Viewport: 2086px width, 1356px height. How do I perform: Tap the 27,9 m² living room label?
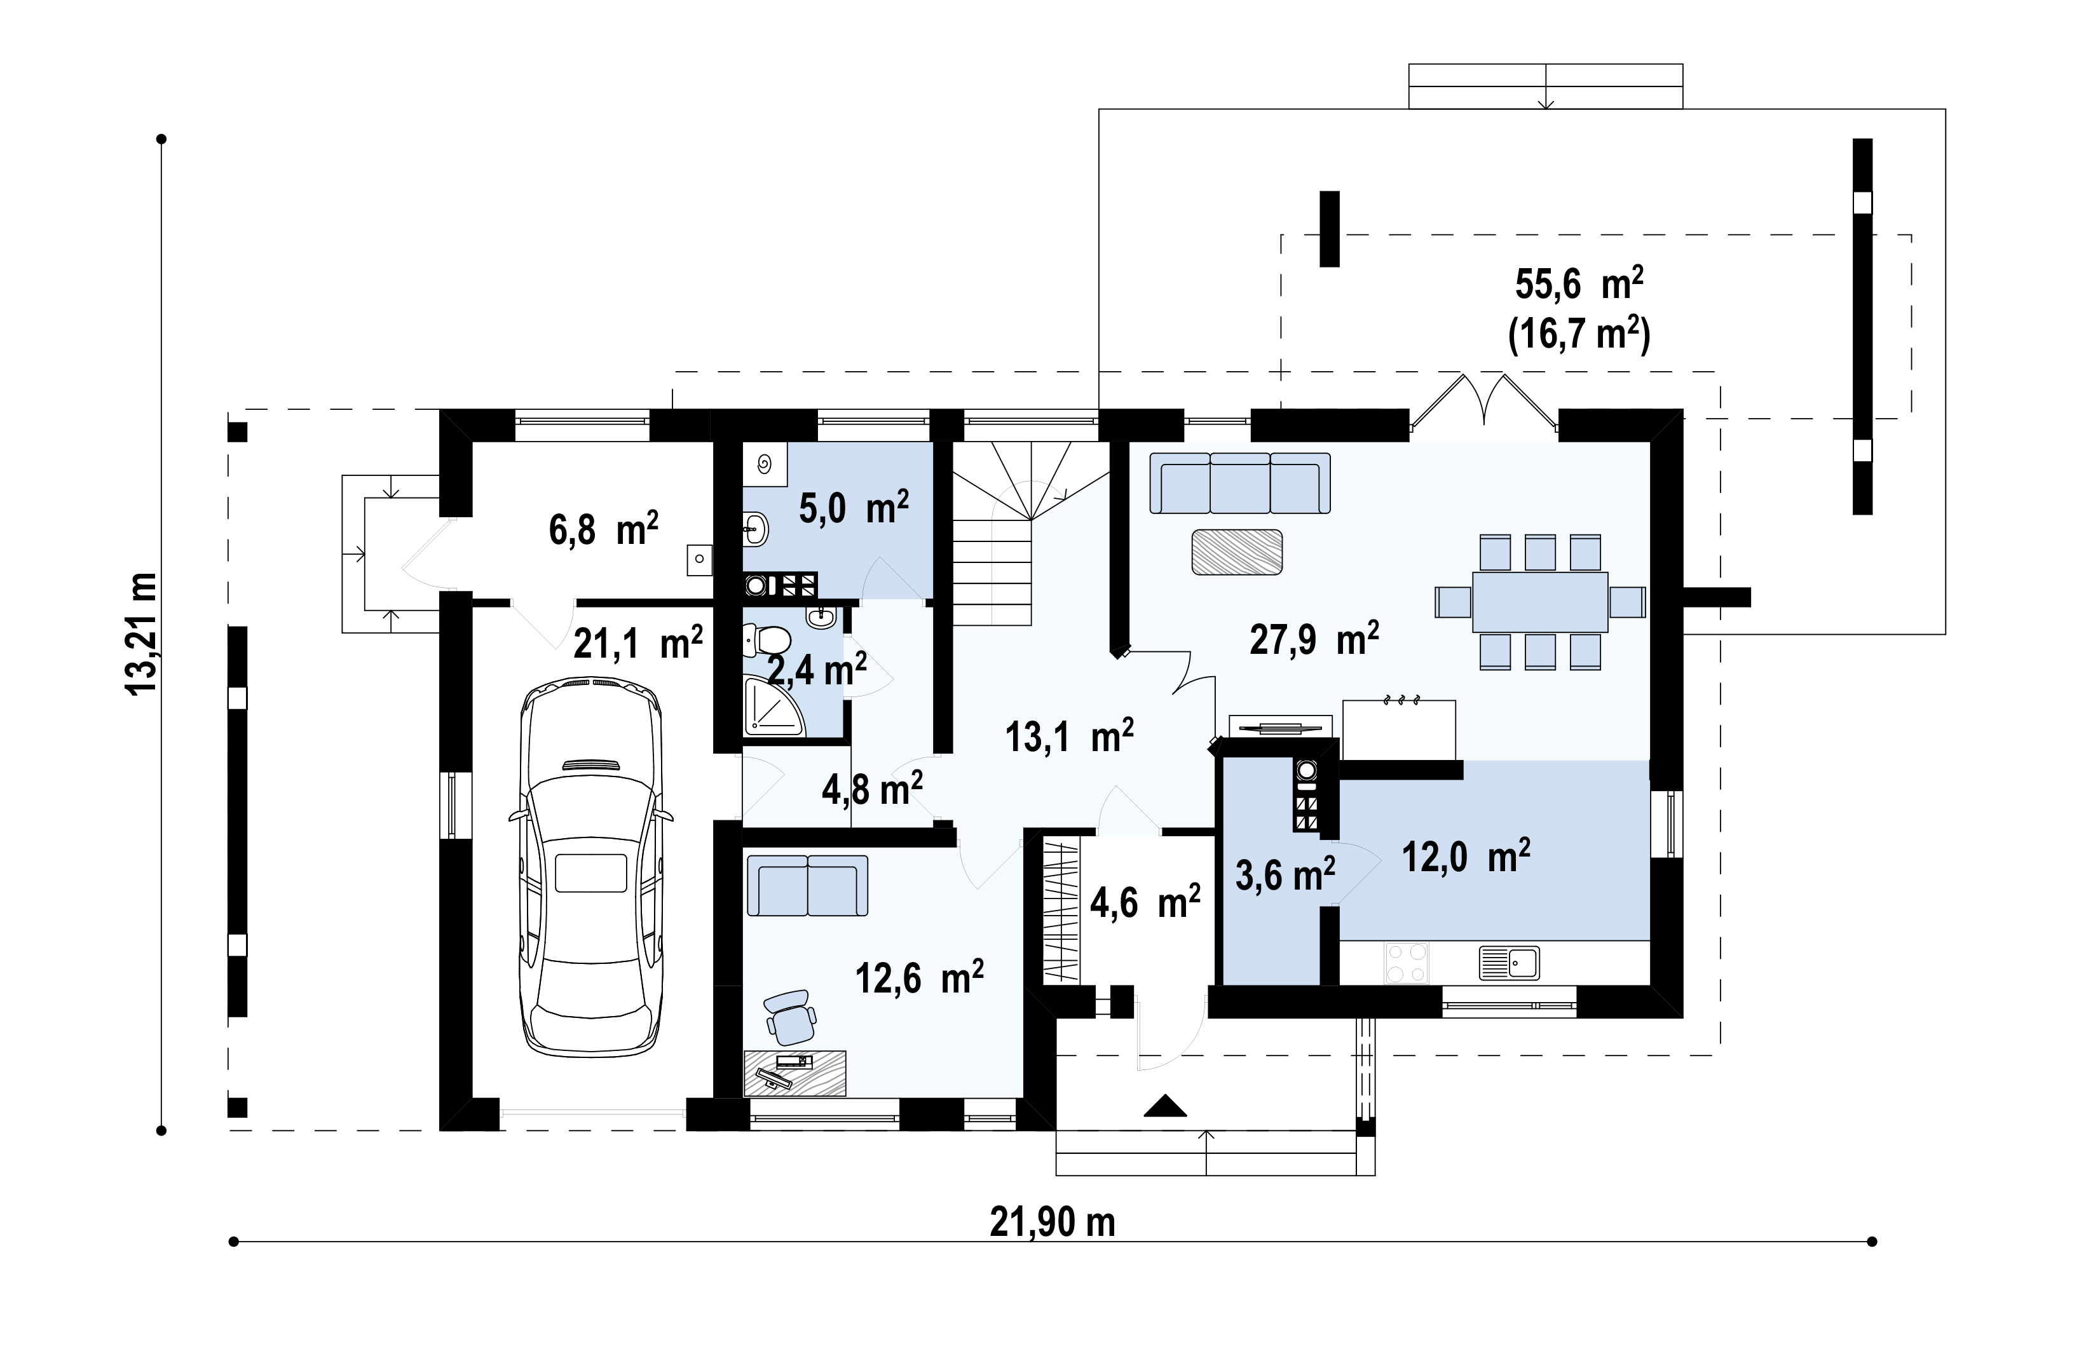pyautogui.click(x=1314, y=639)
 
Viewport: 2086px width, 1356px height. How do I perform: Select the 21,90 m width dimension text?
pyautogui.click(x=1052, y=1221)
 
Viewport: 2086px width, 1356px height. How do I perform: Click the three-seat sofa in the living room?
pyautogui.click(x=1240, y=483)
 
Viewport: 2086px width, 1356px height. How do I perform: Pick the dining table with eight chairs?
pyautogui.click(x=1540, y=602)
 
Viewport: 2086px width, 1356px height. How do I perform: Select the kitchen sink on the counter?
pyautogui.click(x=1510, y=962)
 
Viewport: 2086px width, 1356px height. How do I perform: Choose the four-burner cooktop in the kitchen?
pyautogui.click(x=1406, y=962)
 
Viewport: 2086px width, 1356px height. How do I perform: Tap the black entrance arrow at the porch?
pyautogui.click(x=1166, y=1106)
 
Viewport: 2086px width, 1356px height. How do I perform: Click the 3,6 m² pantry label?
pyautogui.click(x=1285, y=874)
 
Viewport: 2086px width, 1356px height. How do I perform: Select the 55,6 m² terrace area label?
pyautogui.click(x=1579, y=284)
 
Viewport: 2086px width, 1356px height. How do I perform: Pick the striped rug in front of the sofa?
pyautogui.click(x=1237, y=552)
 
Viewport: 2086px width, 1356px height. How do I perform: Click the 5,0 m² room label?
pyautogui.click(x=854, y=506)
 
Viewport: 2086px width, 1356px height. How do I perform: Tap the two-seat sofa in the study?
pyautogui.click(x=807, y=886)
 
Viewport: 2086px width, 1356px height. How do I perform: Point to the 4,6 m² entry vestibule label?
pyautogui.click(x=1145, y=900)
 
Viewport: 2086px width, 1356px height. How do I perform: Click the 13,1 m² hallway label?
pyautogui.click(x=1069, y=736)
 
